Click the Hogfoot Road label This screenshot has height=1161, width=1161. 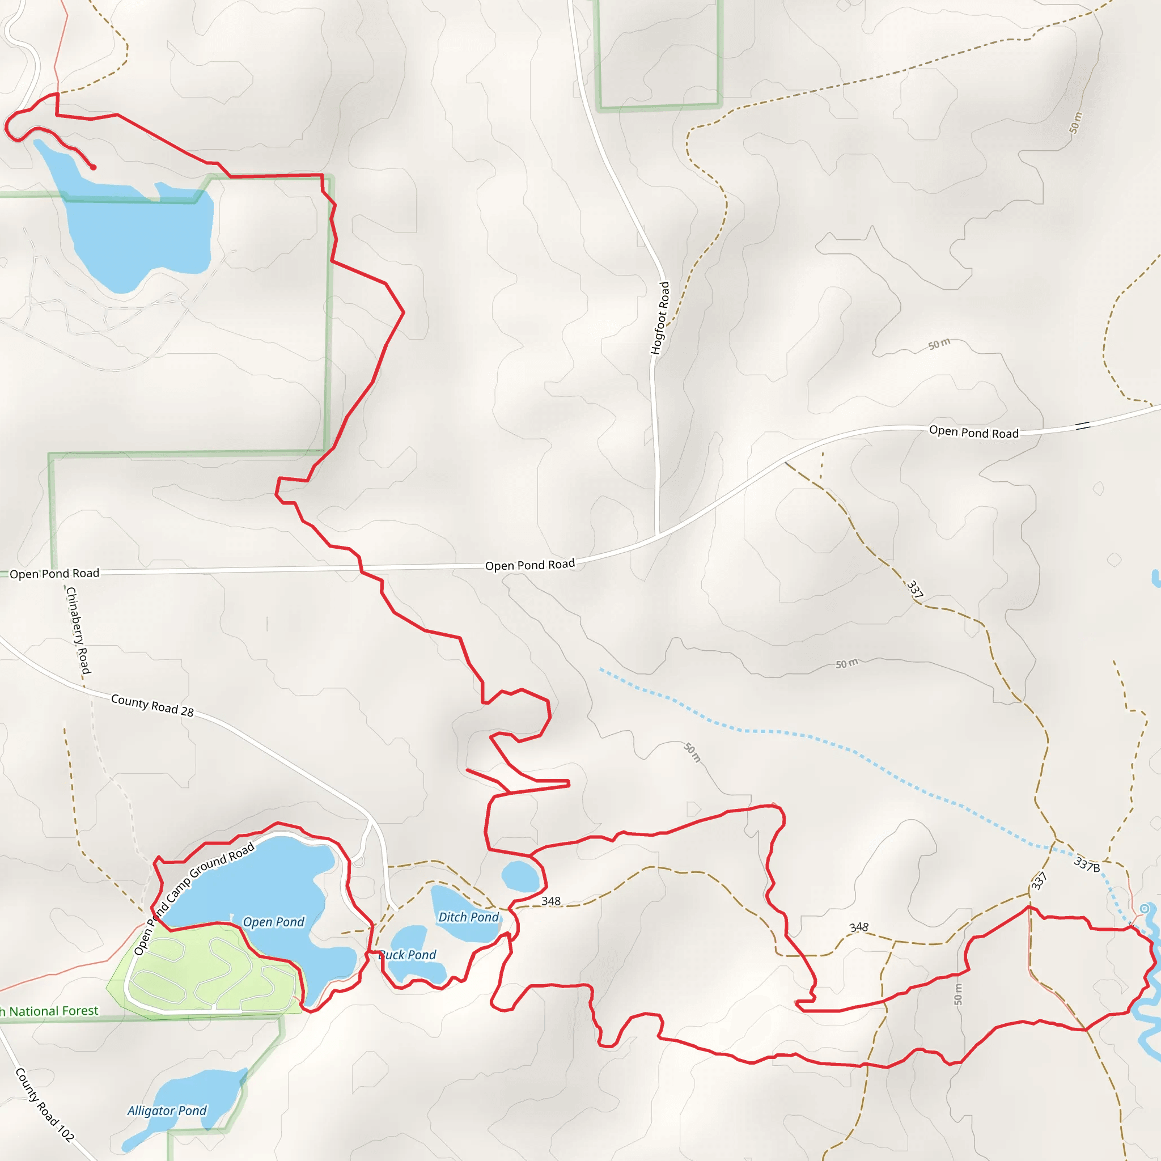[x=660, y=318]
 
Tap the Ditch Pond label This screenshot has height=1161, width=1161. [x=468, y=917]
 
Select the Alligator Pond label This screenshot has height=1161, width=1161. [x=167, y=1111]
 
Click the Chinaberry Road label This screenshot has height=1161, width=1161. [x=78, y=630]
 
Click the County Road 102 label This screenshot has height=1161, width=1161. [x=44, y=1104]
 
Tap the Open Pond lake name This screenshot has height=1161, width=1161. [x=273, y=922]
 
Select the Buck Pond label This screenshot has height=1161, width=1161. [x=408, y=955]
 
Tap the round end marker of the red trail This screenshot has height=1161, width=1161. [x=93, y=168]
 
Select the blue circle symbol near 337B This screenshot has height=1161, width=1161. [x=1145, y=909]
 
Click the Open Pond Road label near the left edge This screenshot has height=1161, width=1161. [x=54, y=573]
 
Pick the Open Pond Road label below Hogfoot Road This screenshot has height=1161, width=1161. [x=529, y=565]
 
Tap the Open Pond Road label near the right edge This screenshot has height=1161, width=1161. [x=973, y=432]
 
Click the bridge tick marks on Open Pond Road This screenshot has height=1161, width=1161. [x=1083, y=426]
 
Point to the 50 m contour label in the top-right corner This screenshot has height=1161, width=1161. [x=1075, y=123]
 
